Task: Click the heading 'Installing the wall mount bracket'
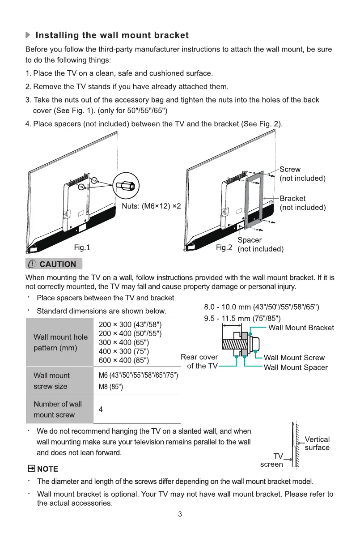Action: click(112, 35)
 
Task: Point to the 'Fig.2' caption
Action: click(224, 247)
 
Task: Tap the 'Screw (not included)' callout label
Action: click(302, 174)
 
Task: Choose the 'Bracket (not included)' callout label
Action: click(302, 203)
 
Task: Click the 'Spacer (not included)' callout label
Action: click(260, 244)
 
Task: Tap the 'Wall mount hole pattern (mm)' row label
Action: click(60, 342)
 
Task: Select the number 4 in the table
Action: click(101, 409)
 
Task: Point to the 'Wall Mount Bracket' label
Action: click(301, 328)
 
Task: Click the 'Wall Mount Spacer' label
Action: click(296, 367)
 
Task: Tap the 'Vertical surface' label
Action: click(317, 443)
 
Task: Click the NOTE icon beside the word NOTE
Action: click(31, 469)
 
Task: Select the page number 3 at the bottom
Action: click(180, 514)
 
